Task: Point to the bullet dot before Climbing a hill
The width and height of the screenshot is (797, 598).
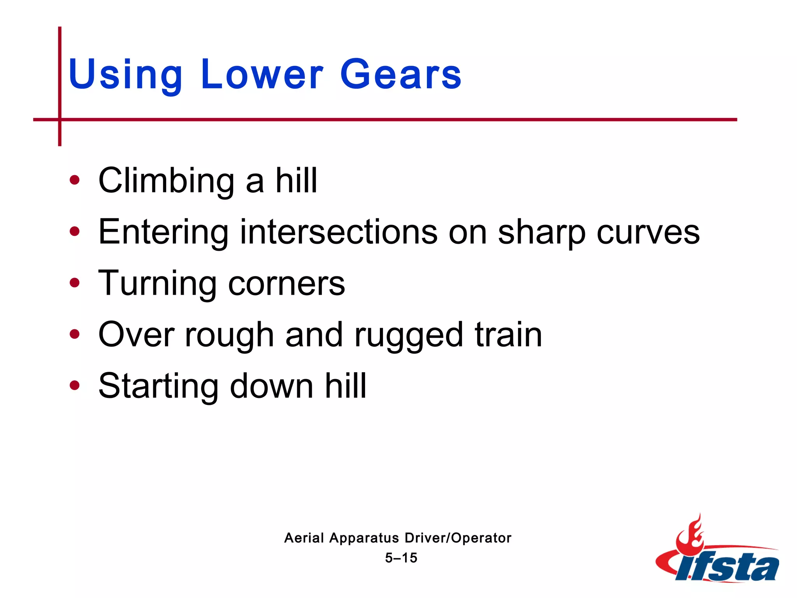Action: coord(74,180)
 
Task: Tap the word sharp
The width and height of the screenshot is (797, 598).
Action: coord(541,232)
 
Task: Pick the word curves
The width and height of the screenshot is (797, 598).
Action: coord(648,232)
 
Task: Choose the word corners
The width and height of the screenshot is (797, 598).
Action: coord(286,283)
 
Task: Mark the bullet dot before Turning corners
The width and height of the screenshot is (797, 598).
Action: coord(74,283)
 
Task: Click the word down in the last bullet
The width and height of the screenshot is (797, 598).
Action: coord(272,386)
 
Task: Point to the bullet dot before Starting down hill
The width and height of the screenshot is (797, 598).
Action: coord(74,385)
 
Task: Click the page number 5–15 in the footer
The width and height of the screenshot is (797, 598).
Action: coord(401,558)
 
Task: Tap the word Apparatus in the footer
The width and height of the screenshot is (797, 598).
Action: coord(364,538)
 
